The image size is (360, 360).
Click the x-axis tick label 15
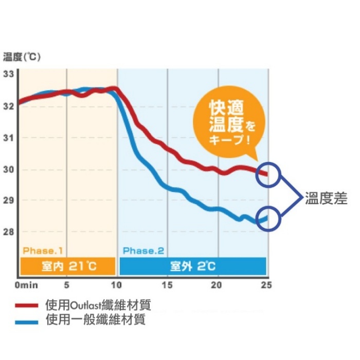167,284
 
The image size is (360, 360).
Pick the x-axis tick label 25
266,284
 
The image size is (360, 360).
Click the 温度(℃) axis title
21,57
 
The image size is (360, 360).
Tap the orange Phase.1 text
43,251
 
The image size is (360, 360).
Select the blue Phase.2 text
143,251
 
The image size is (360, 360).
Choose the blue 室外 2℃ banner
193,266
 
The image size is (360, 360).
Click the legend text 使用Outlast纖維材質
98,305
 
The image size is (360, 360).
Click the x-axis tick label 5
66,284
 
